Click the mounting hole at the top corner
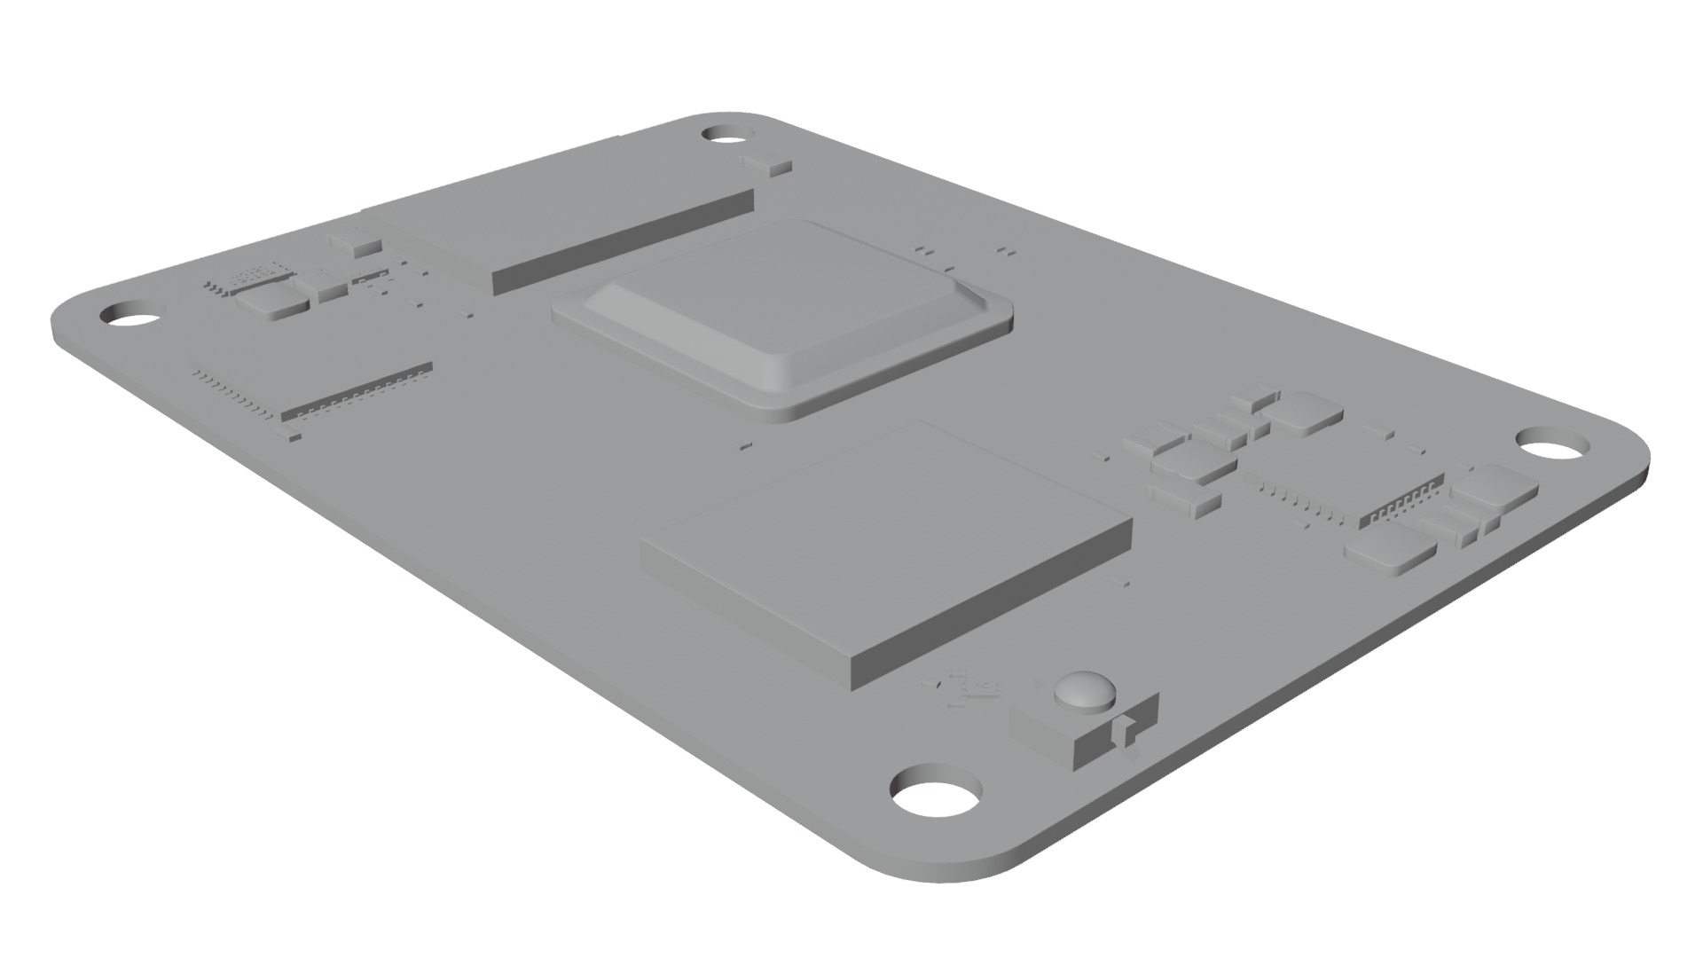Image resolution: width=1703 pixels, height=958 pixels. [x=726, y=135]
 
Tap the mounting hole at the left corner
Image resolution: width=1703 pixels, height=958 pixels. [x=131, y=316]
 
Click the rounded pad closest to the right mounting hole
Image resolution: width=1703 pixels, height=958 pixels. [x=1495, y=488]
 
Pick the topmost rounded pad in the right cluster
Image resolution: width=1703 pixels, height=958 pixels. [x=1302, y=412]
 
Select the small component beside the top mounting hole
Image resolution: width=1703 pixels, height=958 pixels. [x=765, y=163]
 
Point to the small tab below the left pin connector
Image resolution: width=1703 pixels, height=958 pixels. [x=290, y=435]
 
